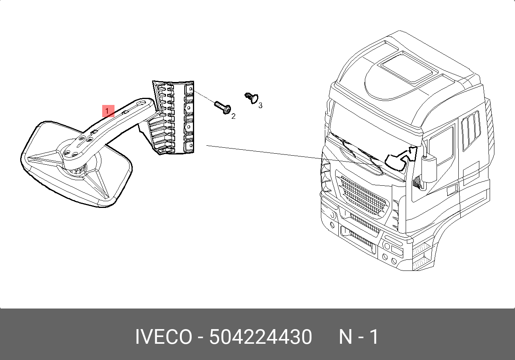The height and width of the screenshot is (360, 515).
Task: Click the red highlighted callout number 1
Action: (x=108, y=111)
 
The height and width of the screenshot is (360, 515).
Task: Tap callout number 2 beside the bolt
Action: (x=233, y=116)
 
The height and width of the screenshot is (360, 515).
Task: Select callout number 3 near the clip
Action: (x=260, y=105)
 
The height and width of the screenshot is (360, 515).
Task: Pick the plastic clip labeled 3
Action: (x=252, y=98)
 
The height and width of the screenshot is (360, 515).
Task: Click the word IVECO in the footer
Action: (x=164, y=337)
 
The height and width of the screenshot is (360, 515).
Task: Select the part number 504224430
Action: (x=261, y=337)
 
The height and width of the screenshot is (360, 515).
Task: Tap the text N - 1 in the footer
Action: (x=359, y=337)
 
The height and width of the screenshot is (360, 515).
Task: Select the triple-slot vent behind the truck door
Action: (x=471, y=130)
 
